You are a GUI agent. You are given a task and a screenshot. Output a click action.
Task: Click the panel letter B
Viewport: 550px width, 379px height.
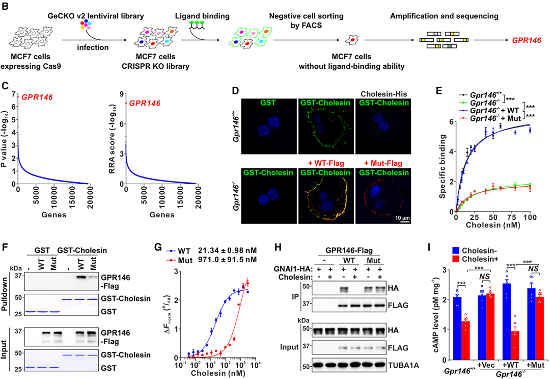(x=6, y=7)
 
